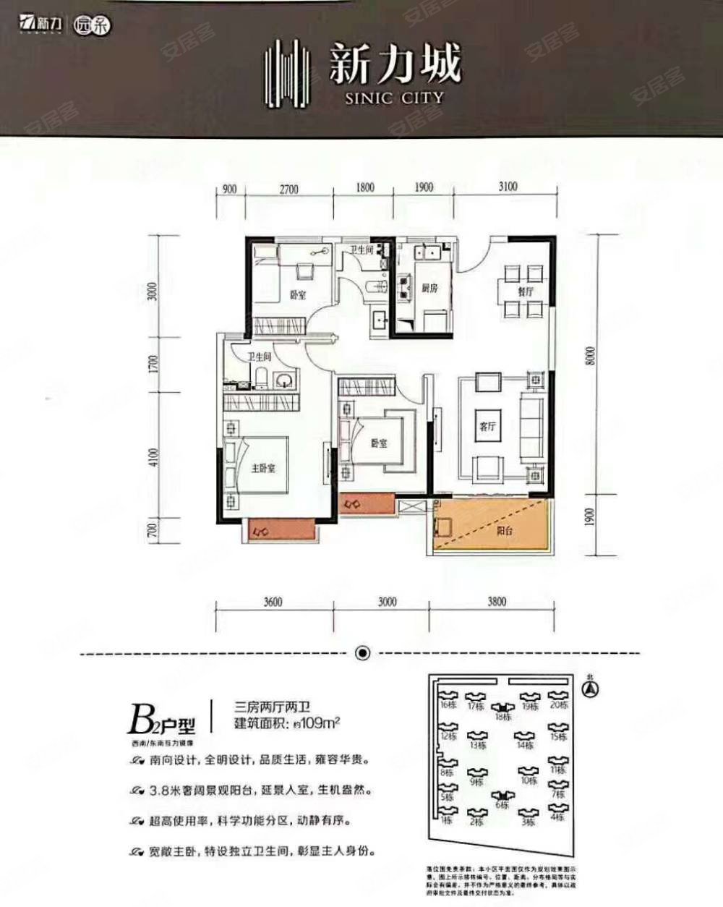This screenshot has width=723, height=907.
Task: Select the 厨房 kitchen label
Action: click(x=429, y=288)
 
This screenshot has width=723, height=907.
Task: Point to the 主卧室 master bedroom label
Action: click(x=263, y=468)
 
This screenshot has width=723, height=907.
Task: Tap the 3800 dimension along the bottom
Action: click(x=496, y=601)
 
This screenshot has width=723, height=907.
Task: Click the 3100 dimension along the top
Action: click(x=508, y=187)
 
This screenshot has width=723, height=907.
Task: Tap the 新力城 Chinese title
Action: click(x=394, y=64)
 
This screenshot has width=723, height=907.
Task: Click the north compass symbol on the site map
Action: click(x=591, y=689)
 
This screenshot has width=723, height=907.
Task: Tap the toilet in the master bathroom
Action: click(x=262, y=376)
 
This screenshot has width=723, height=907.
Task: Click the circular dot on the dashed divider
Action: click(x=363, y=653)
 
